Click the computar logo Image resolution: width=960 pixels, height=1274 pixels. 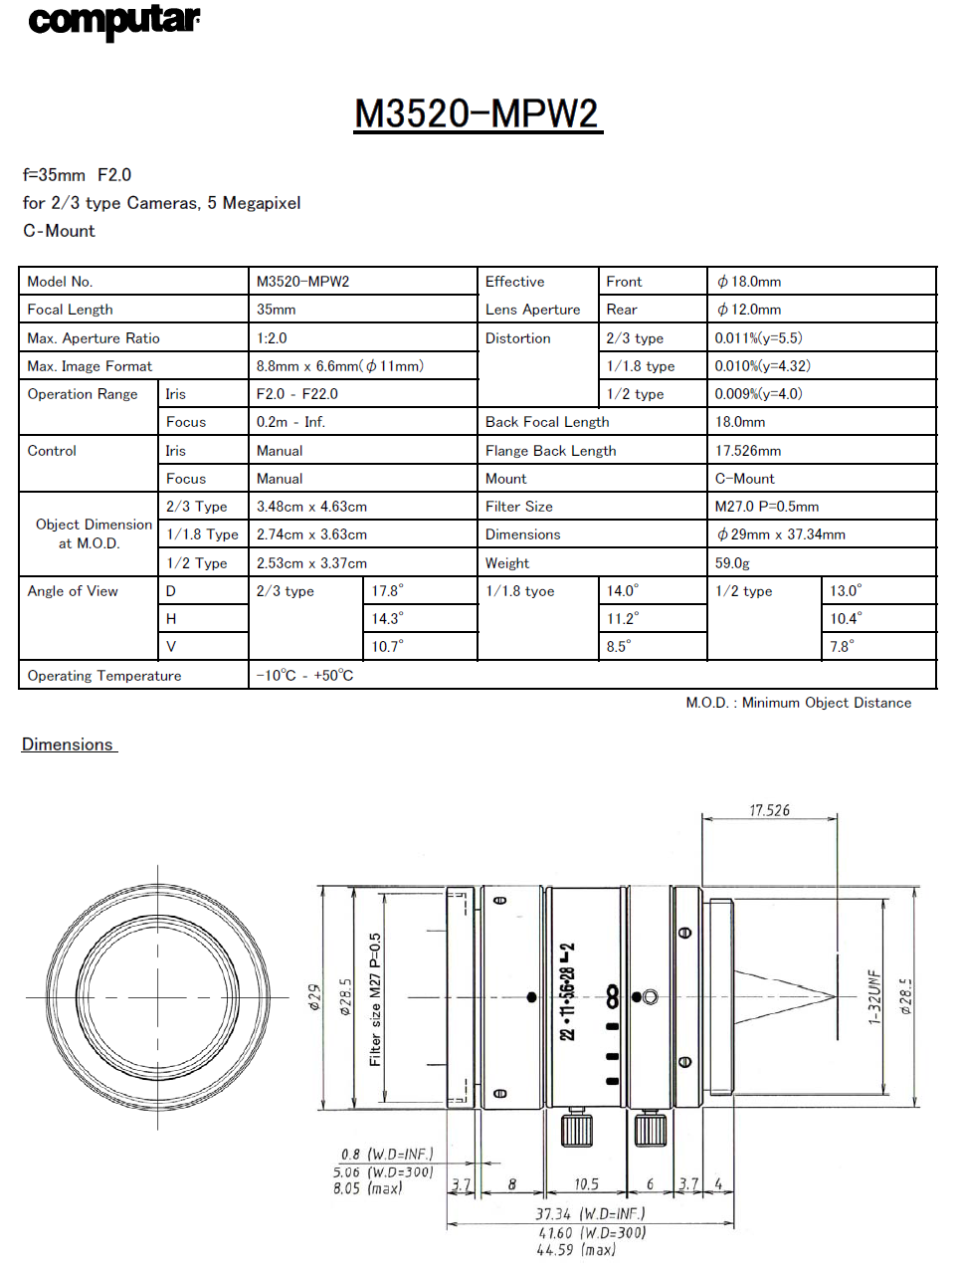coord(113,21)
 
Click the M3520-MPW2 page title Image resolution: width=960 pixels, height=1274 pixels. coord(478,113)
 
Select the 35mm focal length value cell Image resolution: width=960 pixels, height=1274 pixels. coord(277,310)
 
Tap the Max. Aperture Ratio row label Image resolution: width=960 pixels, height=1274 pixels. coord(94,338)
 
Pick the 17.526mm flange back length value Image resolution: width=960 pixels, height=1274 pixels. coord(748,451)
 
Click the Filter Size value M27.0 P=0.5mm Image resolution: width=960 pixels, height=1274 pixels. coord(766,507)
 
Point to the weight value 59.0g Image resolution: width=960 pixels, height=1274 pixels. coord(732,563)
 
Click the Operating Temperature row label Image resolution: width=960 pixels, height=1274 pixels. coord(104,676)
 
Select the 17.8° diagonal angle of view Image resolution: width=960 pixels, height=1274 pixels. coord(387,591)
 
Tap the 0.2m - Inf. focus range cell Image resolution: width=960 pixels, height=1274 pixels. coord(290,422)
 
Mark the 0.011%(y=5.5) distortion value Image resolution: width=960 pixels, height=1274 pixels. coord(758,338)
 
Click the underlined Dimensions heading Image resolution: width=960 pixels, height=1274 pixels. coord(68,744)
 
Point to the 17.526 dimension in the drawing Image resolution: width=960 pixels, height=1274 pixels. coord(769,810)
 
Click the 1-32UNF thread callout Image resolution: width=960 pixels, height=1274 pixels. coord(874,996)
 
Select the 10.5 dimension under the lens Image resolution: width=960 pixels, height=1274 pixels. coord(586,1184)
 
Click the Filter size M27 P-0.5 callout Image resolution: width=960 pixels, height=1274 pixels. coord(375,998)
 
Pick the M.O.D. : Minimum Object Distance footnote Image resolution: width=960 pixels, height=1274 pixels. coord(798,703)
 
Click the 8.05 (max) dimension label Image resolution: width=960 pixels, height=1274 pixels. coord(367,1188)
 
